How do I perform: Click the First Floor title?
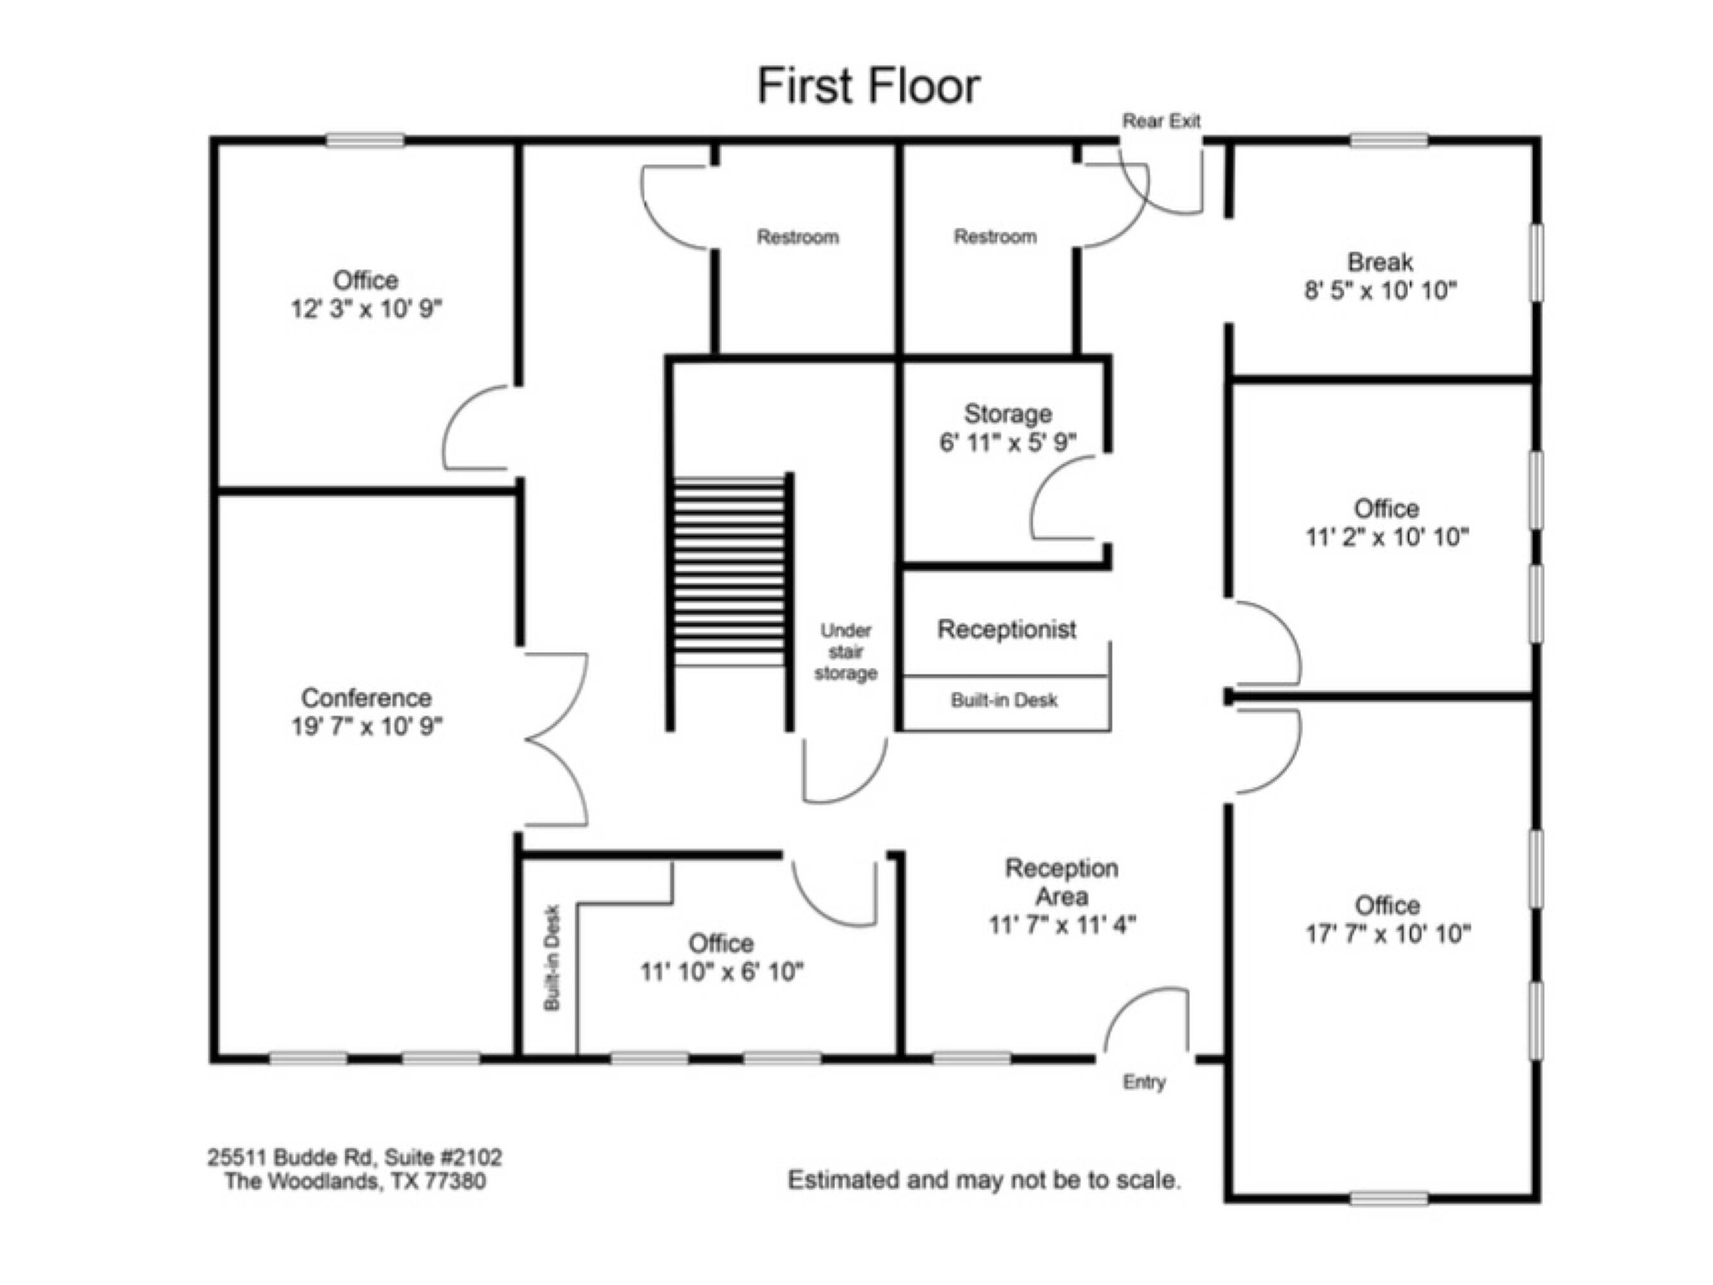[x=869, y=85]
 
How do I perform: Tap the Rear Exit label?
[x=1161, y=121]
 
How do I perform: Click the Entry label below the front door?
[x=1144, y=1082]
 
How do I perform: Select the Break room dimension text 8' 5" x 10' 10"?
[x=1380, y=290]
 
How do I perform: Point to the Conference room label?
[x=365, y=697]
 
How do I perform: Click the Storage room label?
[x=1008, y=414]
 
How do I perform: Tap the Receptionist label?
[x=1006, y=629]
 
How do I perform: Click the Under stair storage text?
[x=846, y=651]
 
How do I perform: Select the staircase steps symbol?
[x=730, y=572]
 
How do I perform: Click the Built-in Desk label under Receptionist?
[x=1004, y=700]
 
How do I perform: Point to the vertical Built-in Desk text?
[x=551, y=957]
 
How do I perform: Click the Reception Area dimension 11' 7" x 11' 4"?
[x=1062, y=925]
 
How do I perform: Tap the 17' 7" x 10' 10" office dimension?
[x=1388, y=934]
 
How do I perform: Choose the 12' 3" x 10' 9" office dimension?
[x=365, y=309]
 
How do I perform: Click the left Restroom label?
[x=798, y=236]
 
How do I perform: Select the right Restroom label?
[x=995, y=236]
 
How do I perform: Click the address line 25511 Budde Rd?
[x=355, y=1157]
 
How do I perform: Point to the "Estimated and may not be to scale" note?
[x=984, y=1180]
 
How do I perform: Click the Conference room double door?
[x=556, y=740]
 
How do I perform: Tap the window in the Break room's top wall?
[x=1389, y=140]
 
